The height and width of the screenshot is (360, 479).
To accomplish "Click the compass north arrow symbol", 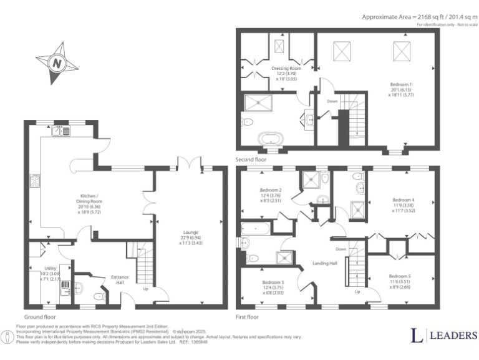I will (x=57, y=63).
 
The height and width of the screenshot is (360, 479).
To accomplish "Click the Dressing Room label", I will (x=286, y=68).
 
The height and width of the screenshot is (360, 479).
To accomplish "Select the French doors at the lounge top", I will (x=190, y=164).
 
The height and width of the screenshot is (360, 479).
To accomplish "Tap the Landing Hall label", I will (x=324, y=263).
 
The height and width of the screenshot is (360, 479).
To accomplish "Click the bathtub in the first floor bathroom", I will (x=254, y=228).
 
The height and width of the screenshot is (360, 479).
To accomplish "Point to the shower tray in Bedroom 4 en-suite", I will (x=359, y=209).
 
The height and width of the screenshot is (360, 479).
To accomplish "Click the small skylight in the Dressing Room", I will (x=279, y=46).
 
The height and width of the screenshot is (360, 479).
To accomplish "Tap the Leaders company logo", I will (x=443, y=335).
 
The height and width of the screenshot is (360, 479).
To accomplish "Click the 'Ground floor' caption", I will (x=40, y=317).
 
